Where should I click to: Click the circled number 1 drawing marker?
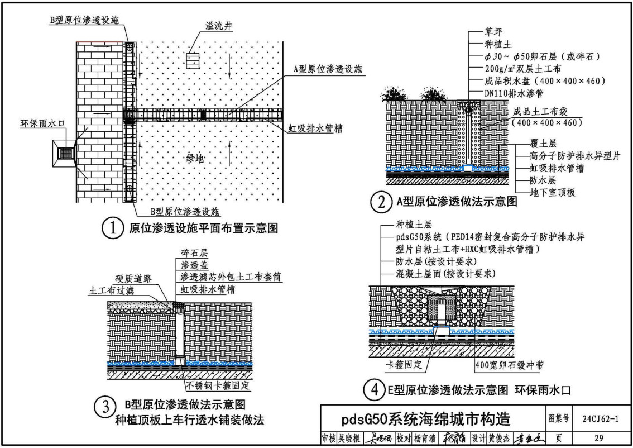coord(112,228)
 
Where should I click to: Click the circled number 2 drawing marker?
coord(381,202)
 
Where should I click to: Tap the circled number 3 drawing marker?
coord(104,407)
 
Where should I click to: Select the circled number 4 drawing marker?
coord(374,390)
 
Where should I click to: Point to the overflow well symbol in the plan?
coord(193,60)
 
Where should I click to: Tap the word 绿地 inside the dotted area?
coord(195,158)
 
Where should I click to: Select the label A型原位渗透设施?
coord(328,69)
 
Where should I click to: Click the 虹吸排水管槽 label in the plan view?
coord(315,129)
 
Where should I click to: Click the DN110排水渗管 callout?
coord(514,93)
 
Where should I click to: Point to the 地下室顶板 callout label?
coord(552,193)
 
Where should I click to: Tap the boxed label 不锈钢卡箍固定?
coord(218,385)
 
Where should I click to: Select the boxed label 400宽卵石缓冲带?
coord(509,365)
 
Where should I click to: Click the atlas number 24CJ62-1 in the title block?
coord(600,418)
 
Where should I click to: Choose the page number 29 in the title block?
coord(599,438)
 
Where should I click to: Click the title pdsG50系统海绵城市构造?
coord(426,419)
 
